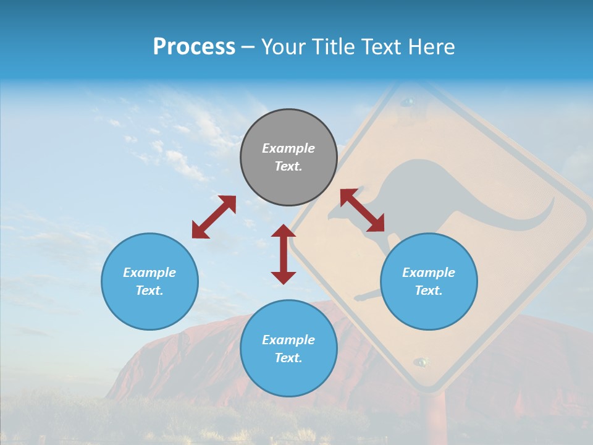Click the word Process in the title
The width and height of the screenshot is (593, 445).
pos(194,47)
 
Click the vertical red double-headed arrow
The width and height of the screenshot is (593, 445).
pos(284,254)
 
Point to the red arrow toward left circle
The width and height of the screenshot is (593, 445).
pos(214,217)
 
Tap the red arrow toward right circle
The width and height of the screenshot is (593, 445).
pos(363,211)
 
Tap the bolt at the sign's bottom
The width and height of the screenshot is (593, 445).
pos(422,362)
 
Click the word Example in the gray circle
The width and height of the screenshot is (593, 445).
pos(288,148)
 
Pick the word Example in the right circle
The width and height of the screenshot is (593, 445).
pos(429,273)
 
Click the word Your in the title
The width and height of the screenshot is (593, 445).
pos(282,47)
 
